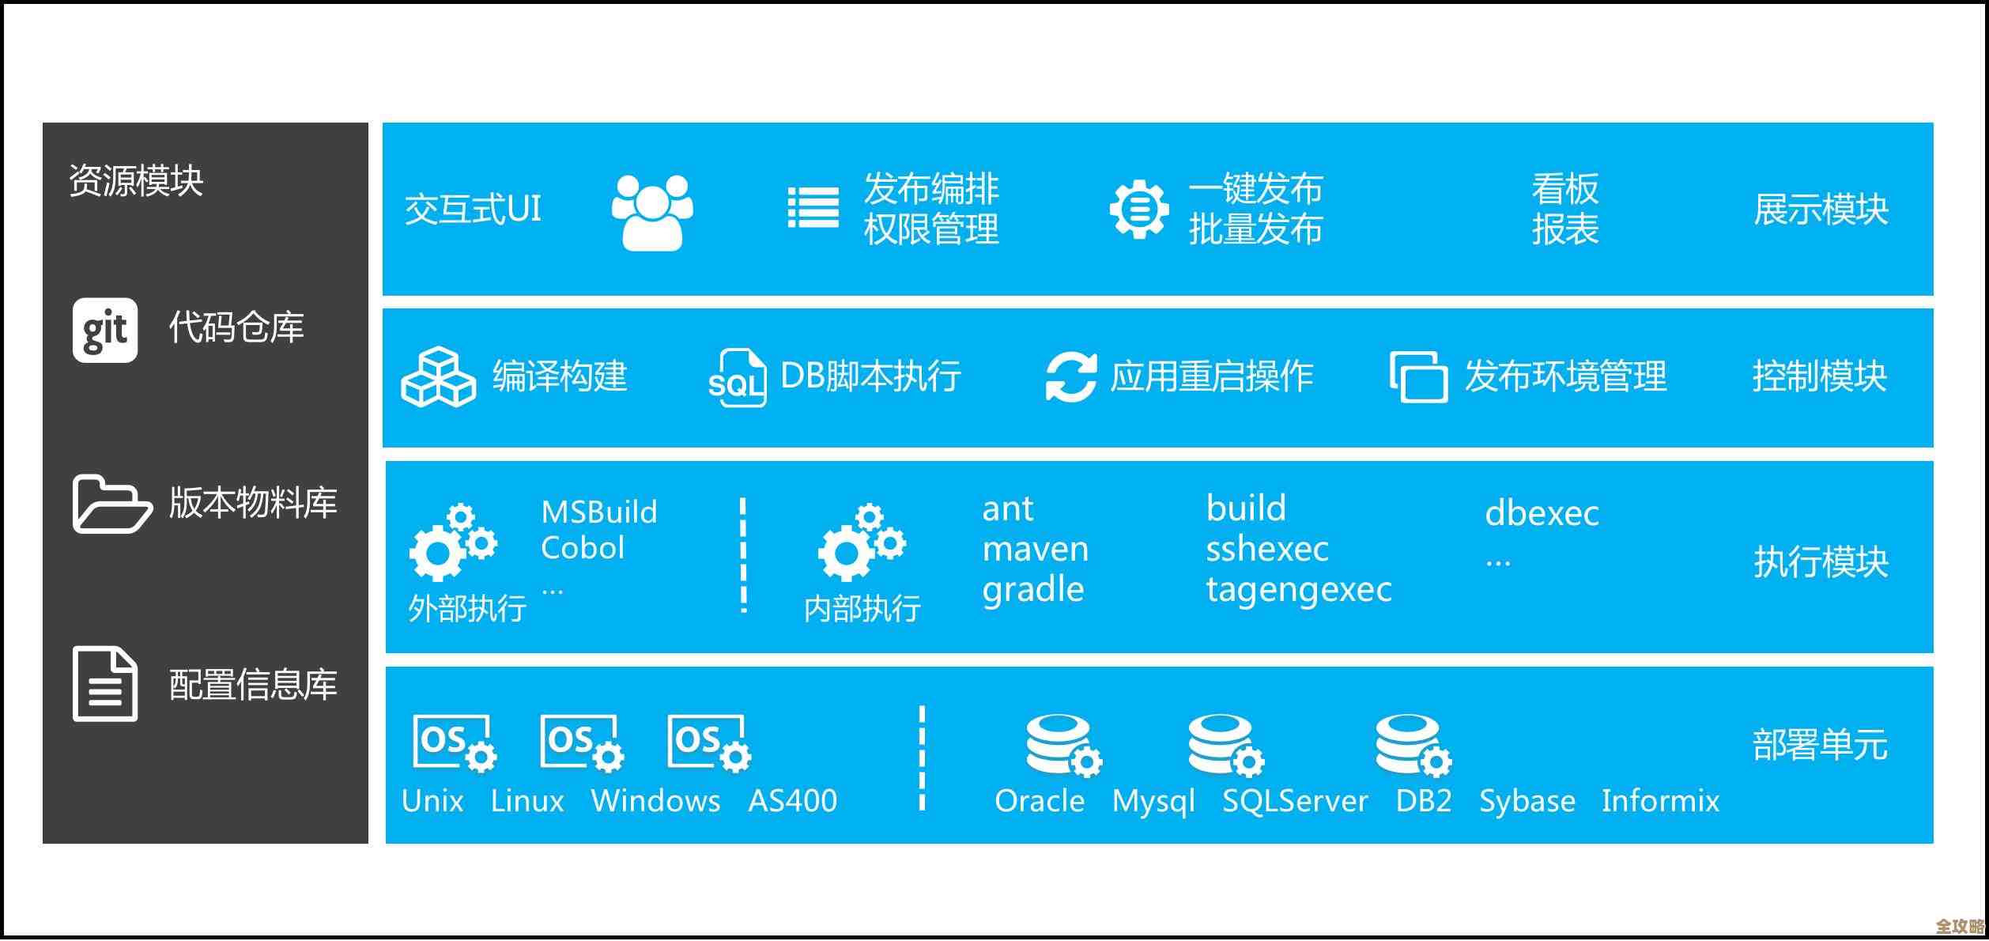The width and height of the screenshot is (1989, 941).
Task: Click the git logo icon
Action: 105,331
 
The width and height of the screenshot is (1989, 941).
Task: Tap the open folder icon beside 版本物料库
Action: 111,504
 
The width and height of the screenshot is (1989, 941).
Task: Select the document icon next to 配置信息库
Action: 105,684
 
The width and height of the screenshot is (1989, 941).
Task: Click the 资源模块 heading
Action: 136,181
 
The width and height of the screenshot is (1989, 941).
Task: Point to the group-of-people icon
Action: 652,212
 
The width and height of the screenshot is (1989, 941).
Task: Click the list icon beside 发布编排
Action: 813,208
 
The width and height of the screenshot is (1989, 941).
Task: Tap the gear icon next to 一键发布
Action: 1138,210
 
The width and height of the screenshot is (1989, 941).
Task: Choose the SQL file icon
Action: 738,378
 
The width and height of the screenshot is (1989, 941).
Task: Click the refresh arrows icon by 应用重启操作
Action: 1070,377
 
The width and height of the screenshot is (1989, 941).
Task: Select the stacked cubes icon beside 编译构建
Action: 438,377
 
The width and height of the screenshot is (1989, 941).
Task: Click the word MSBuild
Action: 599,512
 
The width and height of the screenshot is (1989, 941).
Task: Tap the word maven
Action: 1035,550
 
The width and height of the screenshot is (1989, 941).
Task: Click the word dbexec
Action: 1542,514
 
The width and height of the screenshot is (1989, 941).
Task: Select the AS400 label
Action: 792,801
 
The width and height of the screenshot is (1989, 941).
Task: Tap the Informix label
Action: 1660,801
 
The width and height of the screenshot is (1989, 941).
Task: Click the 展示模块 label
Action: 1821,210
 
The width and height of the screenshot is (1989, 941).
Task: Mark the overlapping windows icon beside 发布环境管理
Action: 1418,377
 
